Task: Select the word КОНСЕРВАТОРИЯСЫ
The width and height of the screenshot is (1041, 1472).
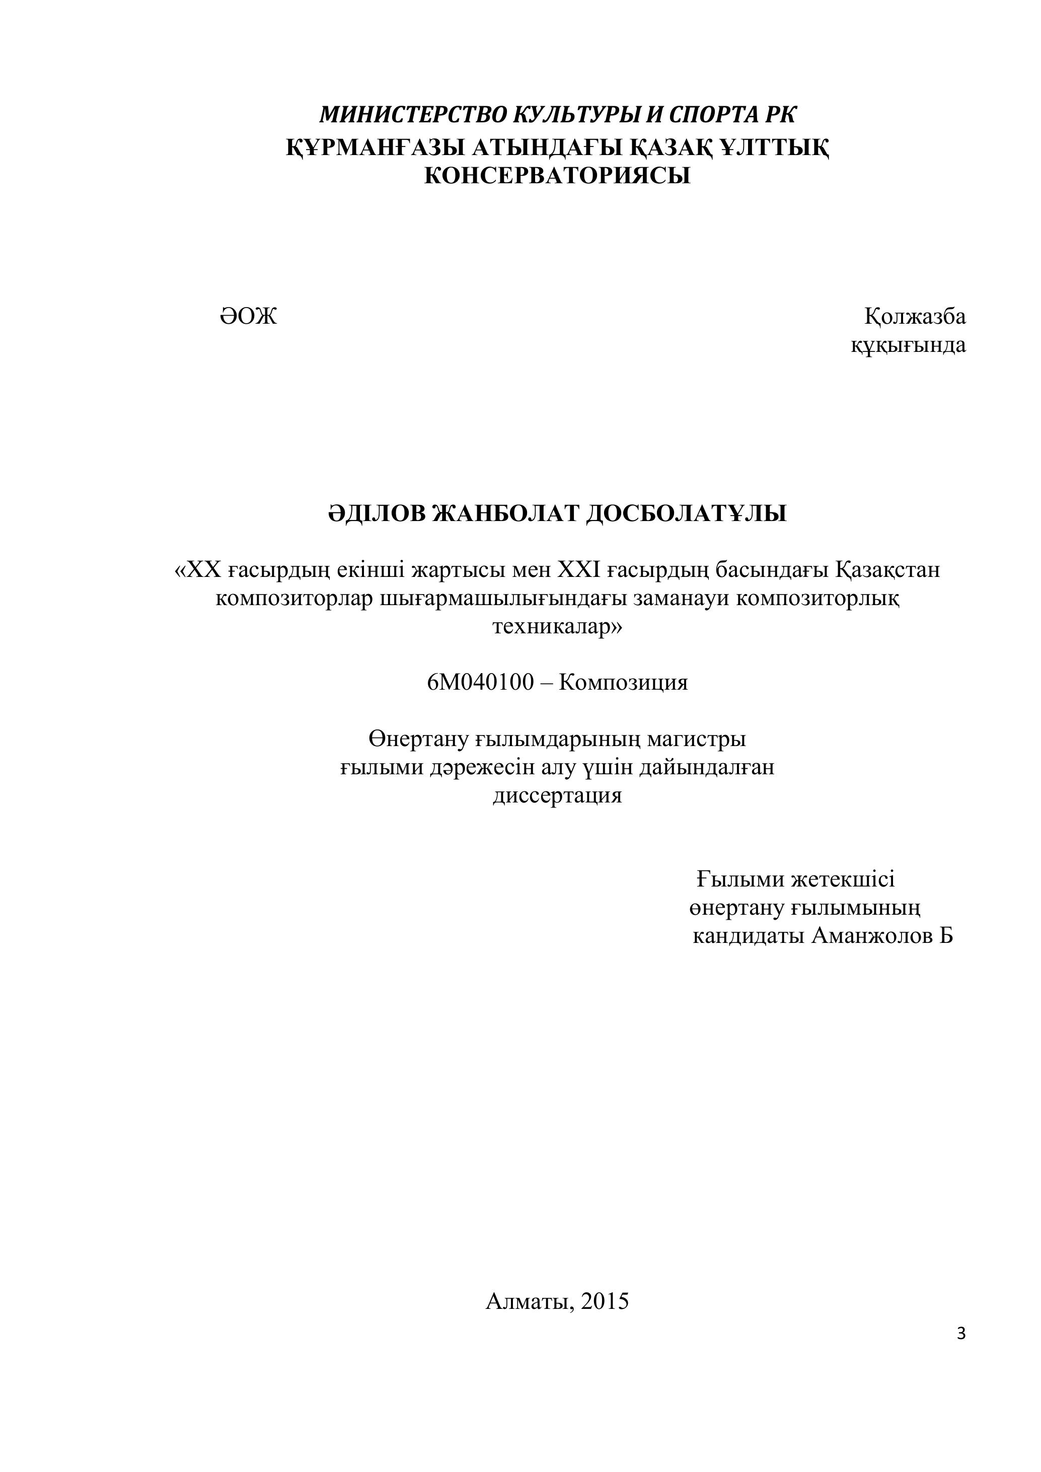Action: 557,175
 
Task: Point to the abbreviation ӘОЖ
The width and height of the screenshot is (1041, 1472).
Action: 248,316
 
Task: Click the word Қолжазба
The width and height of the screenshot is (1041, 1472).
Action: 915,316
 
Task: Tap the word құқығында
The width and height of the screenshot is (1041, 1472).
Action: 908,345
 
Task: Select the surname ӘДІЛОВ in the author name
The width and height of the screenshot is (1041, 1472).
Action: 376,513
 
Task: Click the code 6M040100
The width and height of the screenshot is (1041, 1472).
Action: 480,683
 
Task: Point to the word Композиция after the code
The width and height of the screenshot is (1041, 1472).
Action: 623,683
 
